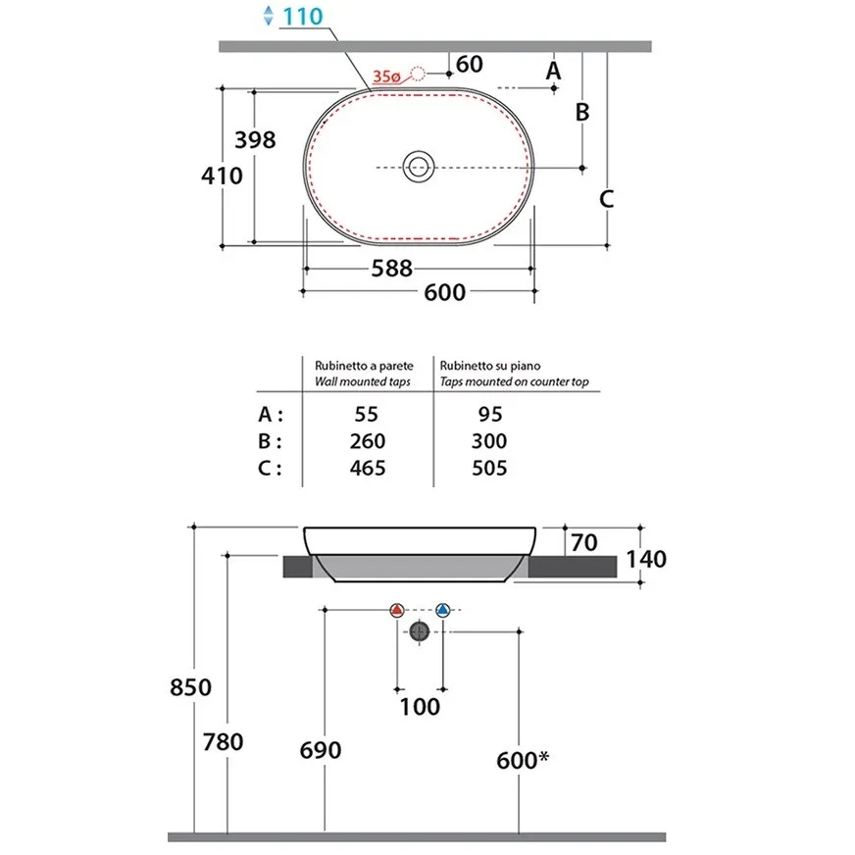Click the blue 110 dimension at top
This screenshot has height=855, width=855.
pyautogui.click(x=303, y=17)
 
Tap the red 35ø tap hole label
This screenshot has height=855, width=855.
pyautogui.click(x=386, y=76)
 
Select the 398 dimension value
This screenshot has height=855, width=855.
pyautogui.click(x=255, y=140)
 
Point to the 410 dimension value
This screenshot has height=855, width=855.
pyautogui.click(x=222, y=176)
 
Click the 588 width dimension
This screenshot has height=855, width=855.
pyautogui.click(x=392, y=269)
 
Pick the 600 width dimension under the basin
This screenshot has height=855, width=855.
pyautogui.click(x=445, y=292)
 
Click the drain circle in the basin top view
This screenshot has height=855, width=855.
pyautogui.click(x=419, y=167)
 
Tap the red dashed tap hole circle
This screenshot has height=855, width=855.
pyautogui.click(x=419, y=74)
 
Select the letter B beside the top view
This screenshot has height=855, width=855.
pyautogui.click(x=582, y=113)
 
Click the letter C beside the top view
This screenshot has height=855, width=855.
pyautogui.click(x=606, y=199)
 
